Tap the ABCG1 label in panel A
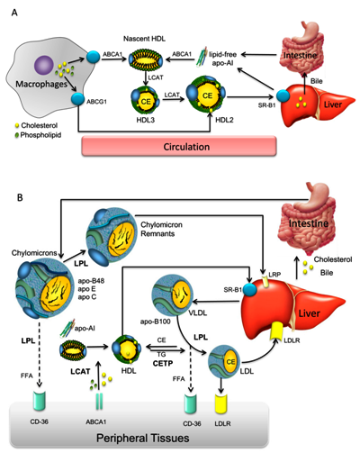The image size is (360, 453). click(x=96, y=102)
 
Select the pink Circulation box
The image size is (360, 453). click(x=179, y=146)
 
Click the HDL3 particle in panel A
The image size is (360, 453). click(x=146, y=100)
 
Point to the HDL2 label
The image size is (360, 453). click(x=224, y=120)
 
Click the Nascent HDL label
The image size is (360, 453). click(x=144, y=39)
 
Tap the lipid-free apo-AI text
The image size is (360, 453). click(x=222, y=59)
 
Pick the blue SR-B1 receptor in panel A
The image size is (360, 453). click(x=283, y=96)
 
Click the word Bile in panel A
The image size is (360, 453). click(x=317, y=81)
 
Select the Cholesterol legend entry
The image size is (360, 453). click(x=36, y=125)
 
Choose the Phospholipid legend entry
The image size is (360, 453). click(x=38, y=135)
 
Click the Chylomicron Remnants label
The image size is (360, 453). click(x=161, y=229)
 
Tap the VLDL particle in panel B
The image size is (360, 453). click(x=172, y=294)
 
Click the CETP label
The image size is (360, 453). click(x=163, y=363)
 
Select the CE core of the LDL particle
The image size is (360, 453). click(x=230, y=362)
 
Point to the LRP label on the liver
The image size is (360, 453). click(x=274, y=275)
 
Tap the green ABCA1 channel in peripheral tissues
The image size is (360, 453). click(x=99, y=402)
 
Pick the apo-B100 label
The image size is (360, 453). click(x=156, y=322)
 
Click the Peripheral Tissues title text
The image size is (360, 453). click(x=143, y=438)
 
